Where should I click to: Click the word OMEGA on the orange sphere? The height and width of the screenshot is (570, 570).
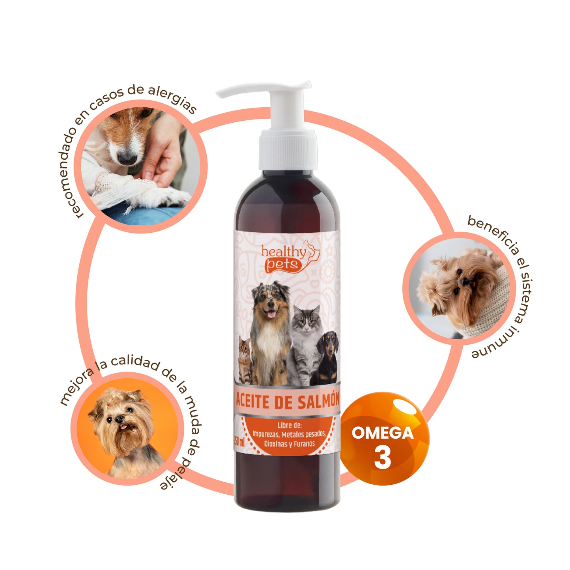[383, 433]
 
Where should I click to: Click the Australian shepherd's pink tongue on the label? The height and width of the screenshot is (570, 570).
[271, 314]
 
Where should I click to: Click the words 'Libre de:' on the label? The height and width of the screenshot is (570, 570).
[289, 425]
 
